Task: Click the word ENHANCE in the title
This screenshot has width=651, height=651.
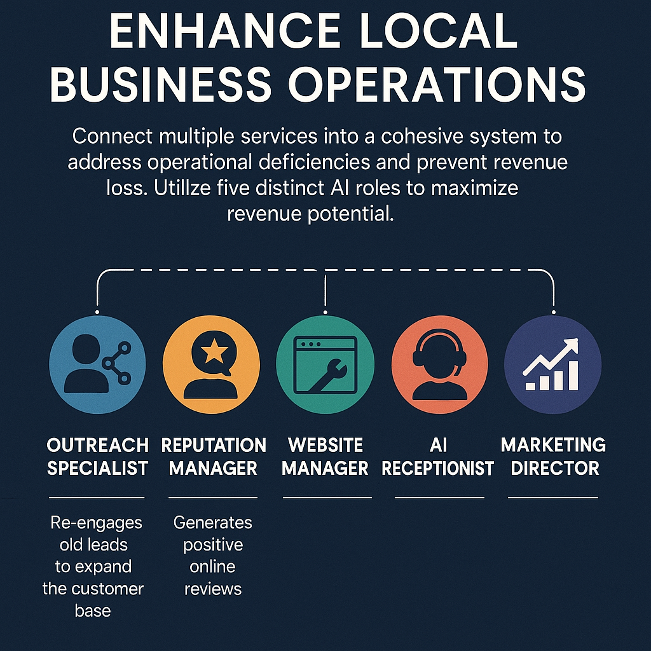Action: click(224, 32)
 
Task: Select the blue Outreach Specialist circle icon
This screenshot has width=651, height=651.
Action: click(97, 364)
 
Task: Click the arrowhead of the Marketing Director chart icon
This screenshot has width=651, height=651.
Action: click(572, 344)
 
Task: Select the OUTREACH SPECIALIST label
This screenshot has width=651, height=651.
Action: click(97, 456)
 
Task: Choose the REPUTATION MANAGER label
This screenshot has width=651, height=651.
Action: click(214, 456)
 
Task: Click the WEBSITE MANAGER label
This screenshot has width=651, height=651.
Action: click(325, 456)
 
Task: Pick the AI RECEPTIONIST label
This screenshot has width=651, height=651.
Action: click(438, 456)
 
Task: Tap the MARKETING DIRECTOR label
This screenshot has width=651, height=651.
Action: click(554, 456)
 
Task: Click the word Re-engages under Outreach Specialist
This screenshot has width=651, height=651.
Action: click(96, 523)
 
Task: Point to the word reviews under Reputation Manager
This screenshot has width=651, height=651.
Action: click(213, 589)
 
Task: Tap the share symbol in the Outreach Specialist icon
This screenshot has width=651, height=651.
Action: click(118, 363)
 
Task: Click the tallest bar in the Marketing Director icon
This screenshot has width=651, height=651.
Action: click(573, 375)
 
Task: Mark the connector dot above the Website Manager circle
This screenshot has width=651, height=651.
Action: click(325, 312)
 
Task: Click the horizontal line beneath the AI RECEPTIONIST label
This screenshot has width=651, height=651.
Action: click(439, 497)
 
